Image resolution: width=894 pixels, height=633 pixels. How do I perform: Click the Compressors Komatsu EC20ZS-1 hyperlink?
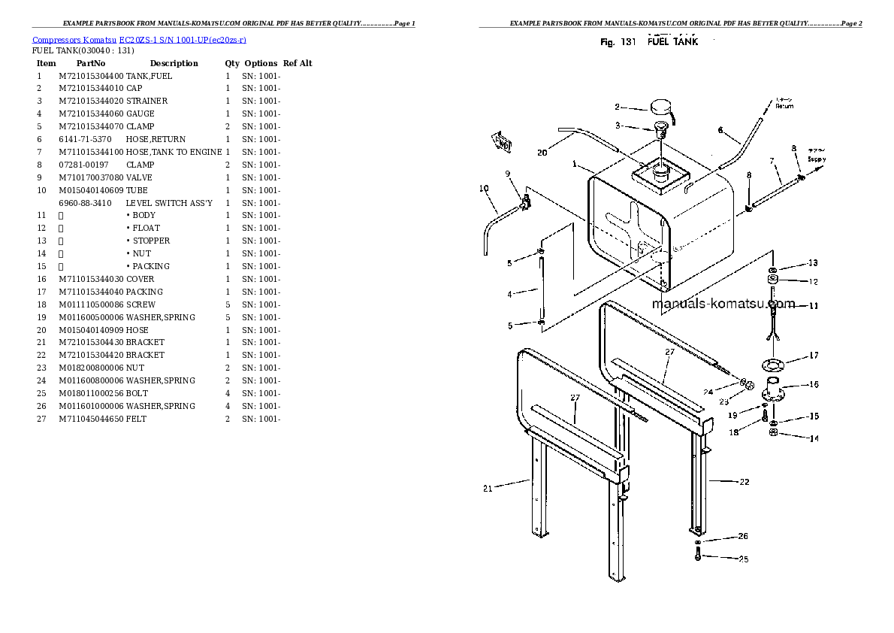coord(139,40)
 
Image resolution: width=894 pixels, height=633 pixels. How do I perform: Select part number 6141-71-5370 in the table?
coord(85,139)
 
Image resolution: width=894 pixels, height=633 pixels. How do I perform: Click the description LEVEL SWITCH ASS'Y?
coord(169,203)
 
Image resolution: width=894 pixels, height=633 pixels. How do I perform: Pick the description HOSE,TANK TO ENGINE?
coord(174,152)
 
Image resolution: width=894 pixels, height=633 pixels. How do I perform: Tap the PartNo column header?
coord(91,63)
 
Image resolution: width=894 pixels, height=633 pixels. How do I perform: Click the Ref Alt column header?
coord(297,63)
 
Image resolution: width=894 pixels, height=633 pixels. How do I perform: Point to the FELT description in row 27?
coord(136,419)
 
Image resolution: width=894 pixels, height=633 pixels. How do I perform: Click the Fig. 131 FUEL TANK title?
coord(649,42)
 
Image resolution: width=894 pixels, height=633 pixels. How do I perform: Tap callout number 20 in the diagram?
coord(542,153)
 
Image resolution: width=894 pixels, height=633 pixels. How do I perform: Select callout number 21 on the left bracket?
coord(488,489)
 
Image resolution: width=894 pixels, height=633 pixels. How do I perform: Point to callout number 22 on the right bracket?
coord(744,482)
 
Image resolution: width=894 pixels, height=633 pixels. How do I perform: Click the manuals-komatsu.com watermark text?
coord(723,304)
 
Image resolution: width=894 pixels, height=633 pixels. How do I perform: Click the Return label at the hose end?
coord(784,106)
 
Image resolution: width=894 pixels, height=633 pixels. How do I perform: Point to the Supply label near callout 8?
coord(816,159)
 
